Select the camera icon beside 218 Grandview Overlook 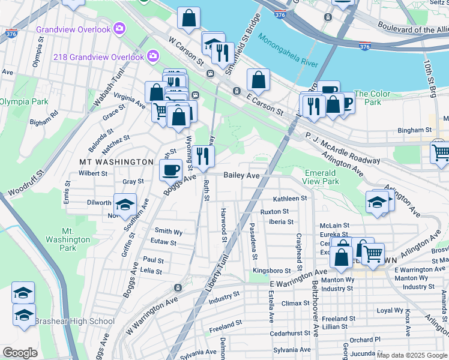[153, 56]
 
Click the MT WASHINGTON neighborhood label [116, 162]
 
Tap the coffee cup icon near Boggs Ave [170, 169]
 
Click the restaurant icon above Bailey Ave [203, 156]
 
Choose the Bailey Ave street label [241, 175]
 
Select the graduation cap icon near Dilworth [125, 205]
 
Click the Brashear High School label [74, 321]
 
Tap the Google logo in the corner [20, 353]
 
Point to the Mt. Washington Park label [68, 239]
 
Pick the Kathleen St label [290, 198]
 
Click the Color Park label [372, 98]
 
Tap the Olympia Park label [24, 101]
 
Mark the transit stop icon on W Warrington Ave [177, 287]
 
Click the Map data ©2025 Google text [412, 355]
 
